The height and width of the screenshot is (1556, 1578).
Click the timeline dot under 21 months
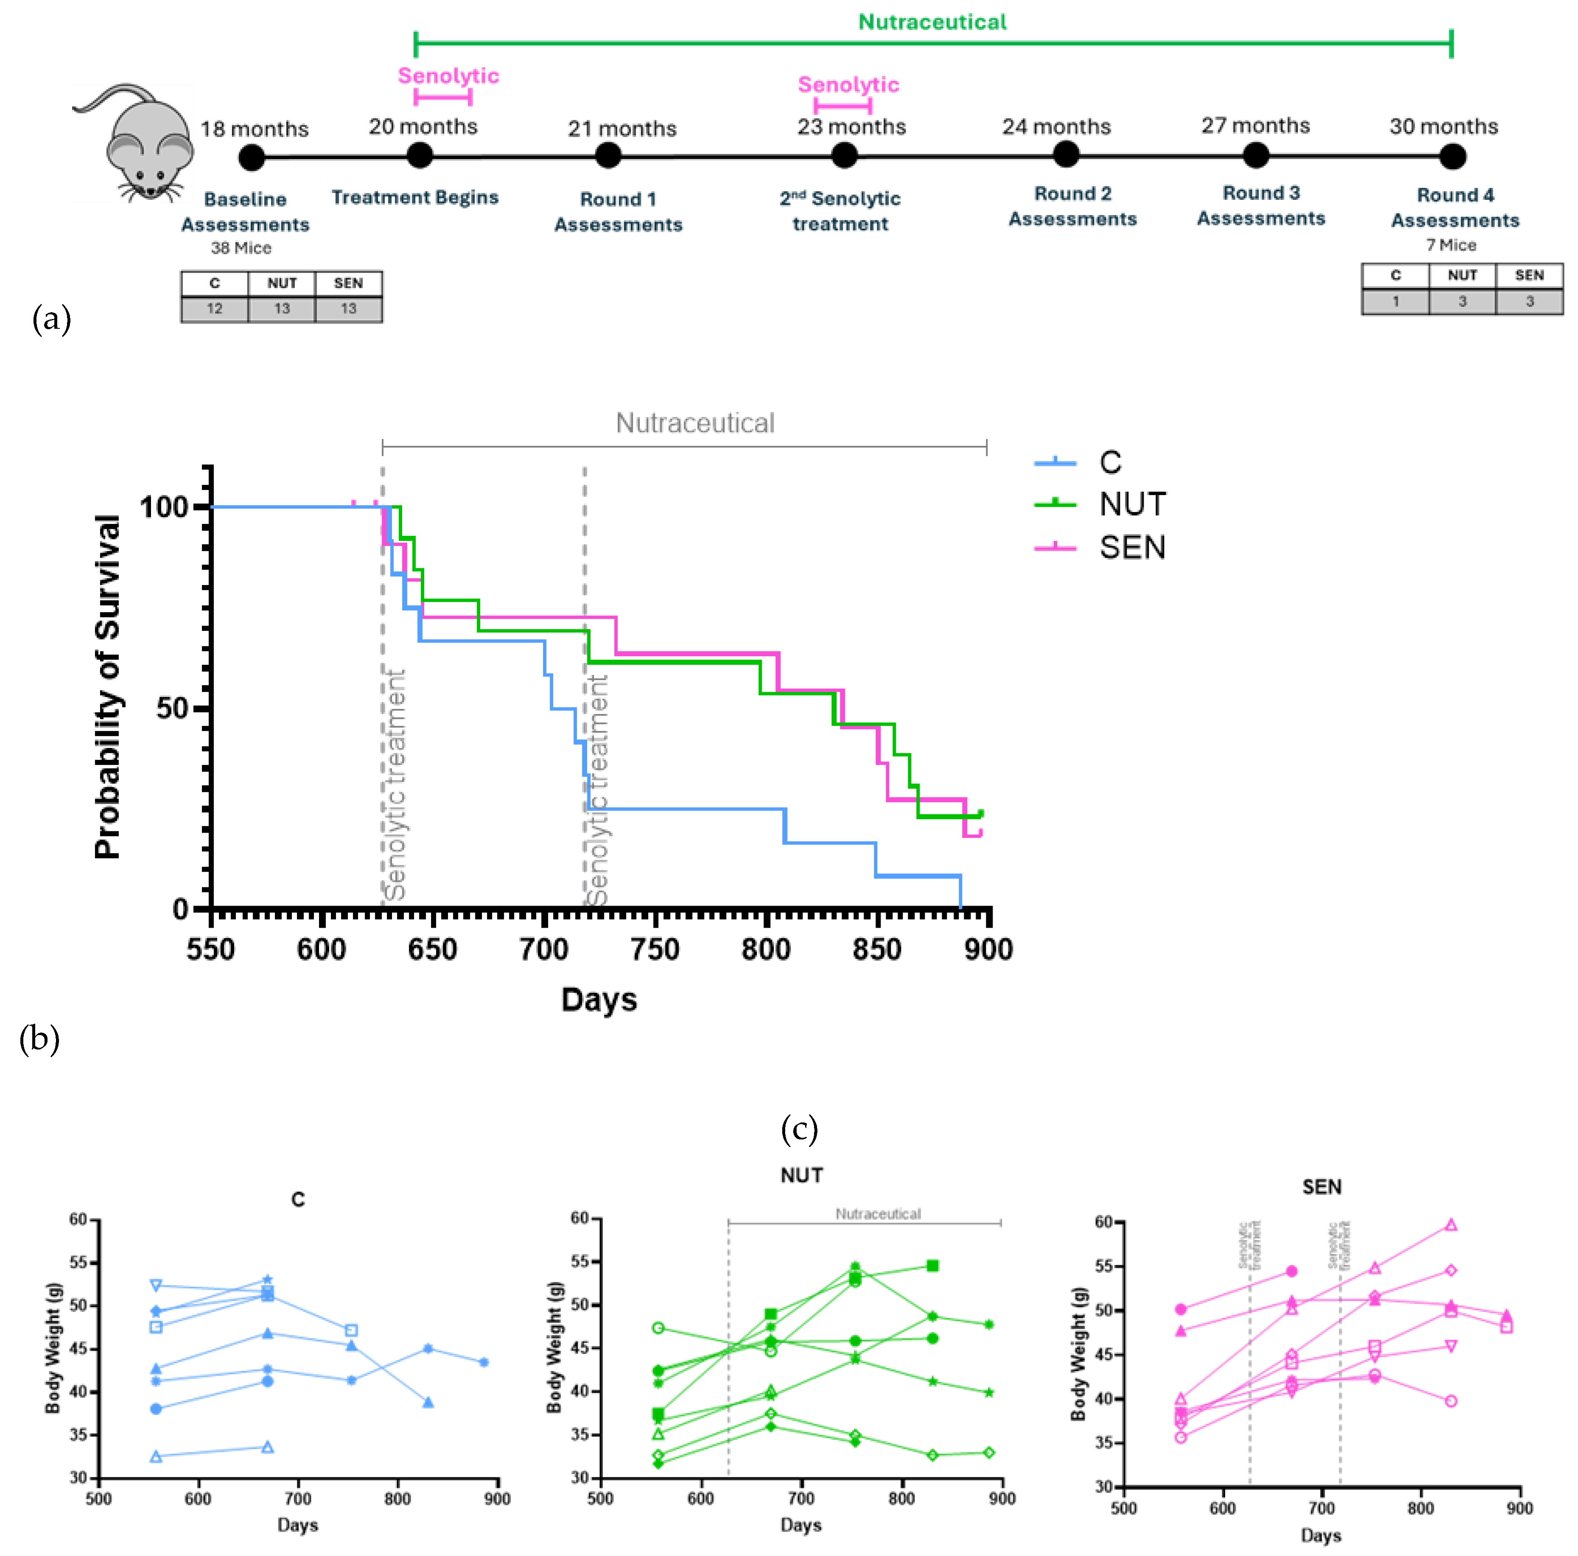pyautogui.click(x=608, y=155)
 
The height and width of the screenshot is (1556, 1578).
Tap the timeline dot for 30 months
pyautogui.click(x=1452, y=156)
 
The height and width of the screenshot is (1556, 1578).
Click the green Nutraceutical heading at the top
pyautogui.click(x=932, y=22)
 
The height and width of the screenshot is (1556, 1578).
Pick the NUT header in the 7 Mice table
pyautogui.click(x=1462, y=275)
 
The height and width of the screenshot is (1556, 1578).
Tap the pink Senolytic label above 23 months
pyautogui.click(x=848, y=85)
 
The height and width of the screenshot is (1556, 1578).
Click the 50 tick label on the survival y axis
pyautogui.click(x=172, y=707)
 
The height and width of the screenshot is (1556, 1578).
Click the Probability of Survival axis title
pyautogui.click(x=108, y=686)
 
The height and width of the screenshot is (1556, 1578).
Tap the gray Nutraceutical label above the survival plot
pyautogui.click(x=694, y=423)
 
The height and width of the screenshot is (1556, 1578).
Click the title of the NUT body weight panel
pyautogui.click(x=801, y=1175)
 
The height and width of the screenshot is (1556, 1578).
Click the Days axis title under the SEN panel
pyautogui.click(x=1320, y=1535)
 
